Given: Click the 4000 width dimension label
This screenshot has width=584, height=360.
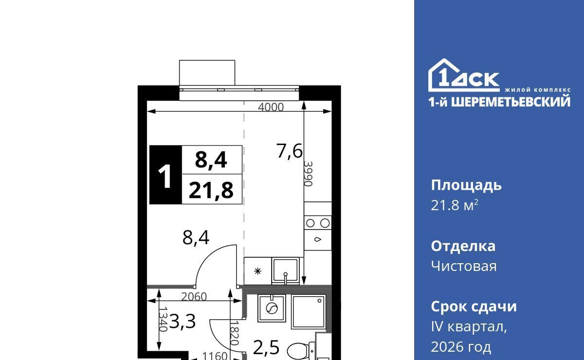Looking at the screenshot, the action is click(271, 107).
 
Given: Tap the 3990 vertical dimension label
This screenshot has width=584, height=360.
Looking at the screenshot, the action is click(308, 174).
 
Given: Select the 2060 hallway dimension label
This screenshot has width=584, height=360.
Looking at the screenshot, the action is click(194, 297).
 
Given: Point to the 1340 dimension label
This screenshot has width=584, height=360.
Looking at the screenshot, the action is click(163, 319).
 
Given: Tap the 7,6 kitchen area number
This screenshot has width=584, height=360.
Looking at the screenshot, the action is click(290, 151).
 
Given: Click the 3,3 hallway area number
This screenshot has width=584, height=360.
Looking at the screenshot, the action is click(182, 322).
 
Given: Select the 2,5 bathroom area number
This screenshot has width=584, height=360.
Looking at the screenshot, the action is click(266, 347).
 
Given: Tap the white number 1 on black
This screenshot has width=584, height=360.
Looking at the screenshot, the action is click(165, 177).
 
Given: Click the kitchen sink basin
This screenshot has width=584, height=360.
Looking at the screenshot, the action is click(286, 271).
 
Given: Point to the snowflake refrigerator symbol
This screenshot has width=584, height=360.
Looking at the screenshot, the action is click(257, 271).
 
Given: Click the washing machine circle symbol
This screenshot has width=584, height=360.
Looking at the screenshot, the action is click(272, 308).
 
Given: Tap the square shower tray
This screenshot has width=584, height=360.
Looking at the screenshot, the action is click(309, 312).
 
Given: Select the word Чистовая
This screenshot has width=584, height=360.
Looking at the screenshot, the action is click(464, 267).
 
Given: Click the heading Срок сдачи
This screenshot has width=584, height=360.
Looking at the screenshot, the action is click(474, 307).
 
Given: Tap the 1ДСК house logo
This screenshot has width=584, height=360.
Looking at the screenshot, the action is click(464, 75).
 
